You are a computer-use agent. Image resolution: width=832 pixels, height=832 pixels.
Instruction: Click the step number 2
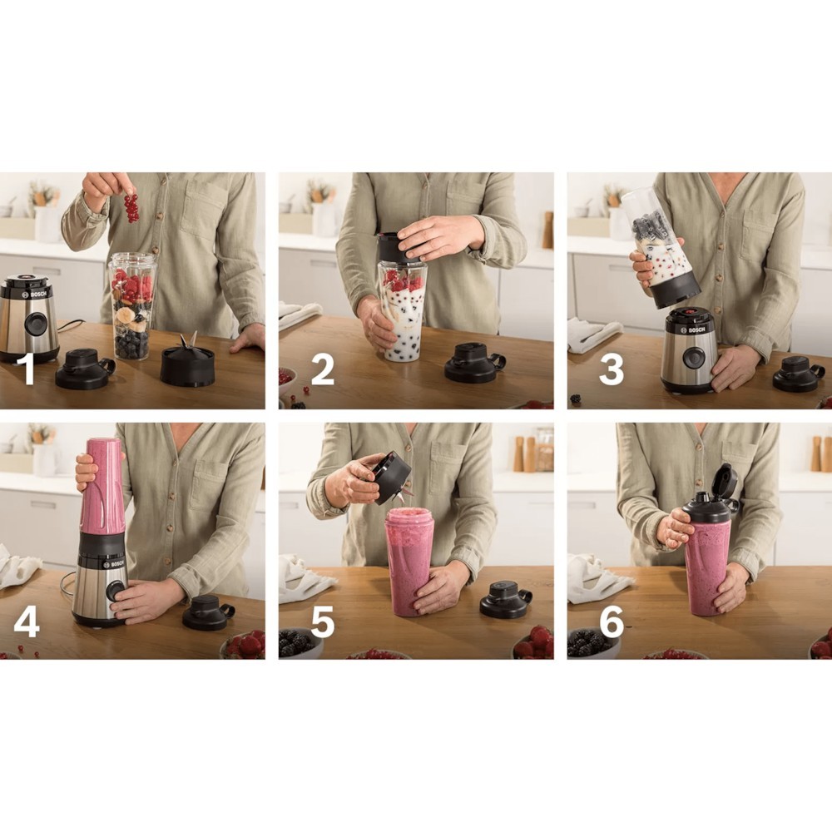[322, 369]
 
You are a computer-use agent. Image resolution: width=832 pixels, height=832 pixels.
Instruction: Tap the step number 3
[611, 369]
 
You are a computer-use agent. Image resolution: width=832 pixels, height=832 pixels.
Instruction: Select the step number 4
[27, 622]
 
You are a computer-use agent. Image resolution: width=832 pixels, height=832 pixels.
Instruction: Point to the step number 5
[322, 622]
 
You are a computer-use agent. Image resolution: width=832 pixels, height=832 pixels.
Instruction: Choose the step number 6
[612, 622]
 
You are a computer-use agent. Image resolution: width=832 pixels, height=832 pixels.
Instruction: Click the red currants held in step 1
[131, 207]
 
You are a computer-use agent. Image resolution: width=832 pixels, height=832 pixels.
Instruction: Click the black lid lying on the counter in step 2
[474, 363]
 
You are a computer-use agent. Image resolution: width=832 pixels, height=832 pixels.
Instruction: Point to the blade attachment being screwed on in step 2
[397, 247]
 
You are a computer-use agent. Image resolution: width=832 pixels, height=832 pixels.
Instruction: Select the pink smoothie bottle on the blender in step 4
[102, 486]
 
